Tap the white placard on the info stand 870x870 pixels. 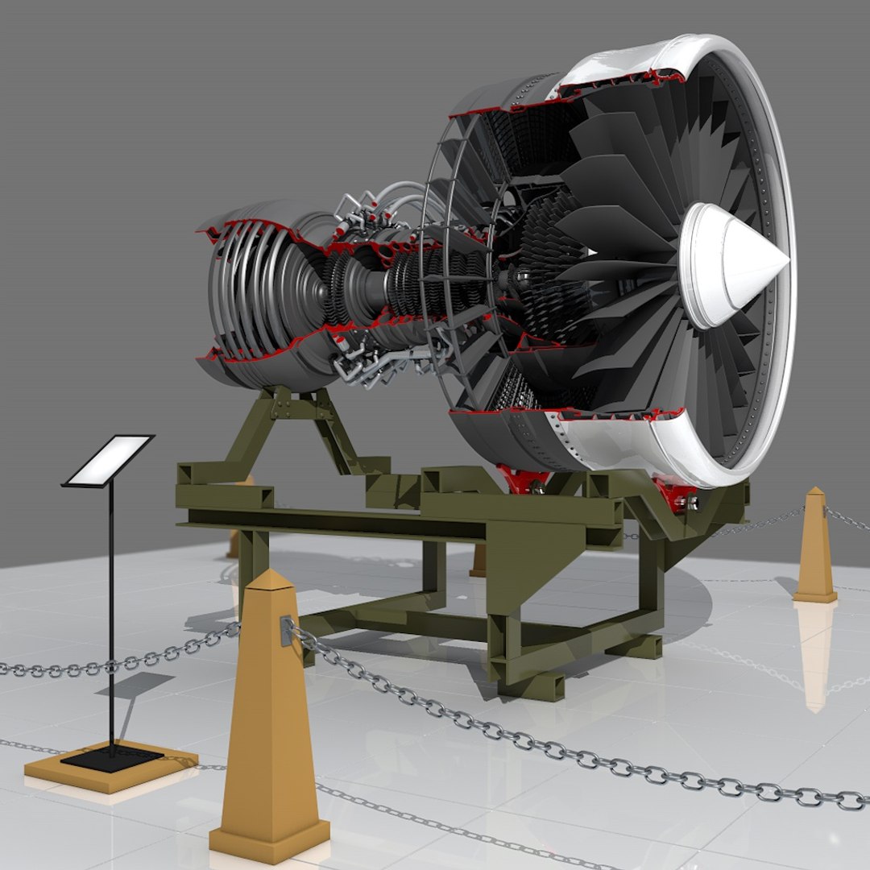pos(109,461)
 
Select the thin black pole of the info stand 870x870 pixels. pos(111,612)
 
